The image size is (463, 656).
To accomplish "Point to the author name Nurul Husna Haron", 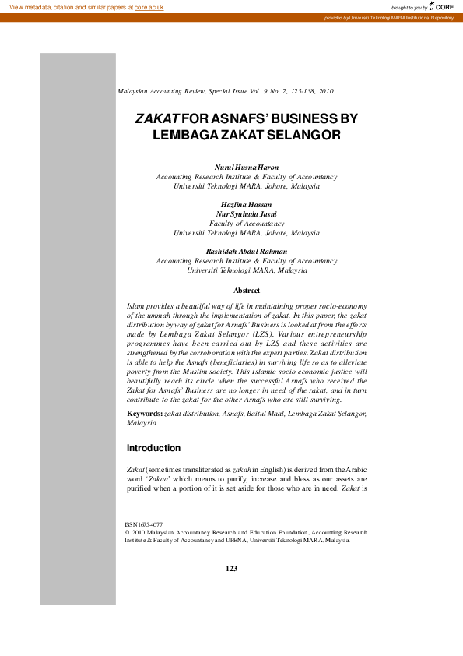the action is click(x=246, y=168).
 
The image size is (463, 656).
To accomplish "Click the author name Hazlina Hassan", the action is click(x=246, y=204).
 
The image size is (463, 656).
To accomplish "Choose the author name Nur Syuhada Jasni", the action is click(x=246, y=213).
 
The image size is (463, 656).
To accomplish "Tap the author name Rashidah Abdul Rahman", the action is click(x=246, y=252).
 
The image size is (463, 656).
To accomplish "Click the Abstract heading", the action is click(x=247, y=290).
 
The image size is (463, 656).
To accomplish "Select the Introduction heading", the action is click(x=153, y=449).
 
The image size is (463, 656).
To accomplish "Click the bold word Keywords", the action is click(x=144, y=414).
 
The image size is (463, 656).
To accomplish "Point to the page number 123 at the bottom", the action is click(x=231, y=569).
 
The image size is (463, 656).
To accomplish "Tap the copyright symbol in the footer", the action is click(x=127, y=533).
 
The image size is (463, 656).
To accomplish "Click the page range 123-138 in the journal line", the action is click(x=301, y=91).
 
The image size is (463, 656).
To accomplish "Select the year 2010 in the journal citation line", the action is click(x=326, y=91).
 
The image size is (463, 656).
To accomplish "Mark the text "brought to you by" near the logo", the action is click(x=409, y=7).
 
